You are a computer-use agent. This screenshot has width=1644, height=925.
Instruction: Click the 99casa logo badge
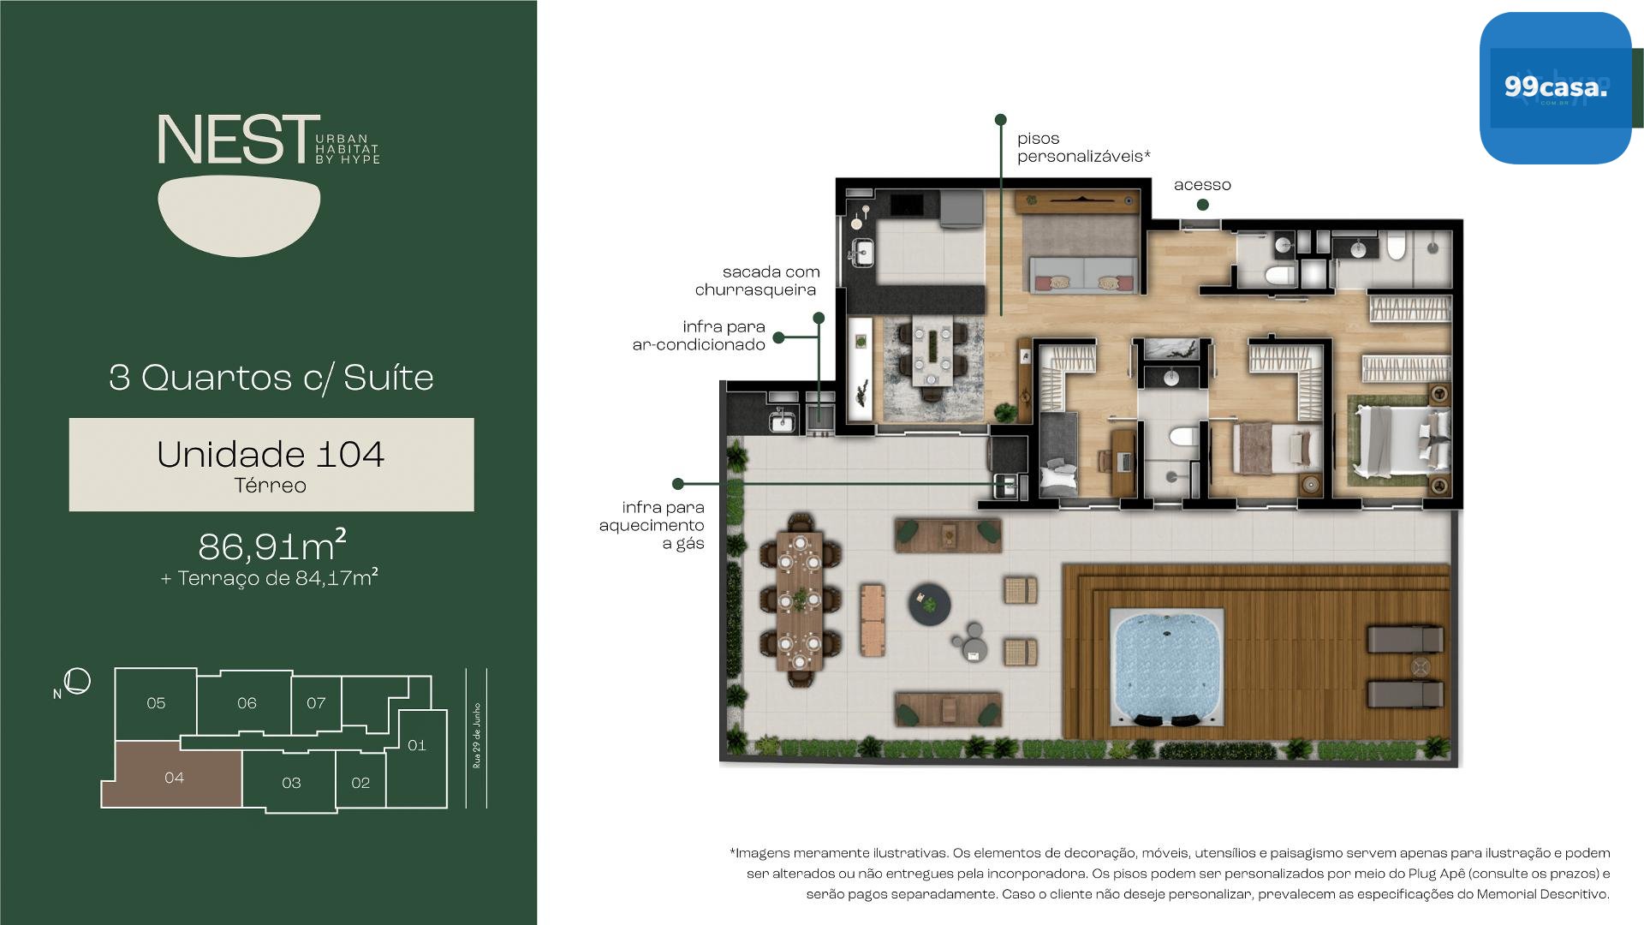click(1555, 88)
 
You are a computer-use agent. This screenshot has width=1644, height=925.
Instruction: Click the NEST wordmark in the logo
click(233, 140)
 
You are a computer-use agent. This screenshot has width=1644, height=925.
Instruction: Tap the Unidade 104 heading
click(271, 454)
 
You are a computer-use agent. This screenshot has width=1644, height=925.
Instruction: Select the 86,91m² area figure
click(272, 545)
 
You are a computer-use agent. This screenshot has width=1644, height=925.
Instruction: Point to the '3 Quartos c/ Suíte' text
click(271, 378)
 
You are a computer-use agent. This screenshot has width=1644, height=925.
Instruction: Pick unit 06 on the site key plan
click(247, 702)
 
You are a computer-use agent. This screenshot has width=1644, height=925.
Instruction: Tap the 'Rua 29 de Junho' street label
click(477, 736)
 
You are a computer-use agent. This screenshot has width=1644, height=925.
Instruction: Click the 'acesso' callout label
click(1202, 185)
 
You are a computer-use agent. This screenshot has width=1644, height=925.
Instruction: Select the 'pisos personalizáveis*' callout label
click(1083, 147)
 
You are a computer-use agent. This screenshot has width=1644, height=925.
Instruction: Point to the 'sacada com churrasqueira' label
click(757, 281)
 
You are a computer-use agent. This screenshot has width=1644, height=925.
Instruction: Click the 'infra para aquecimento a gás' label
click(652, 525)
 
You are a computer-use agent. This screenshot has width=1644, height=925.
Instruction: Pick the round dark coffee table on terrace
click(930, 602)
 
